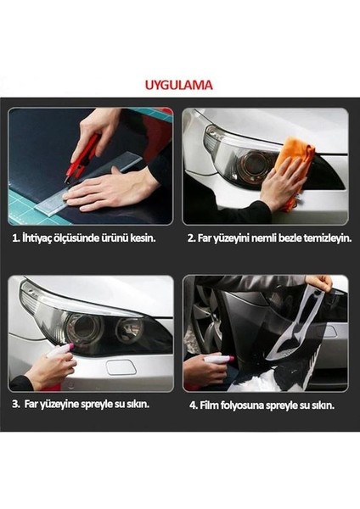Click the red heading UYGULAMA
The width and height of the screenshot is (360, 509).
(179, 85)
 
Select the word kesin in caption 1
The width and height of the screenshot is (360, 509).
(142, 239)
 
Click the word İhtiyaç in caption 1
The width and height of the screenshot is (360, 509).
(40, 239)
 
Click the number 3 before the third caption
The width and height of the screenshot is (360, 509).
(15, 404)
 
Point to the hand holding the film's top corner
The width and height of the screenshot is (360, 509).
(317, 282)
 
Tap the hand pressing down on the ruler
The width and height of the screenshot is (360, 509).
(115, 191)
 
